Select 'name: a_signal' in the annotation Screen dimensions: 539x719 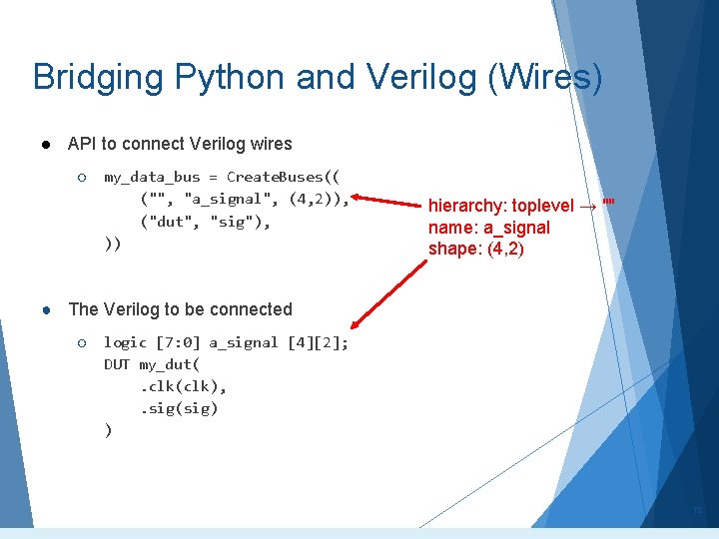pyautogui.click(x=489, y=228)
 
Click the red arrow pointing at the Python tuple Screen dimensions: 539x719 pyautogui.click(x=384, y=204)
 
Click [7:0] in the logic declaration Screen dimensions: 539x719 pyautogui.click(x=176, y=342)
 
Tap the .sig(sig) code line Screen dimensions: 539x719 pyautogui.click(x=179, y=408)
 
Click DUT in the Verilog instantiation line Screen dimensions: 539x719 pyautogui.click(x=117, y=364)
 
